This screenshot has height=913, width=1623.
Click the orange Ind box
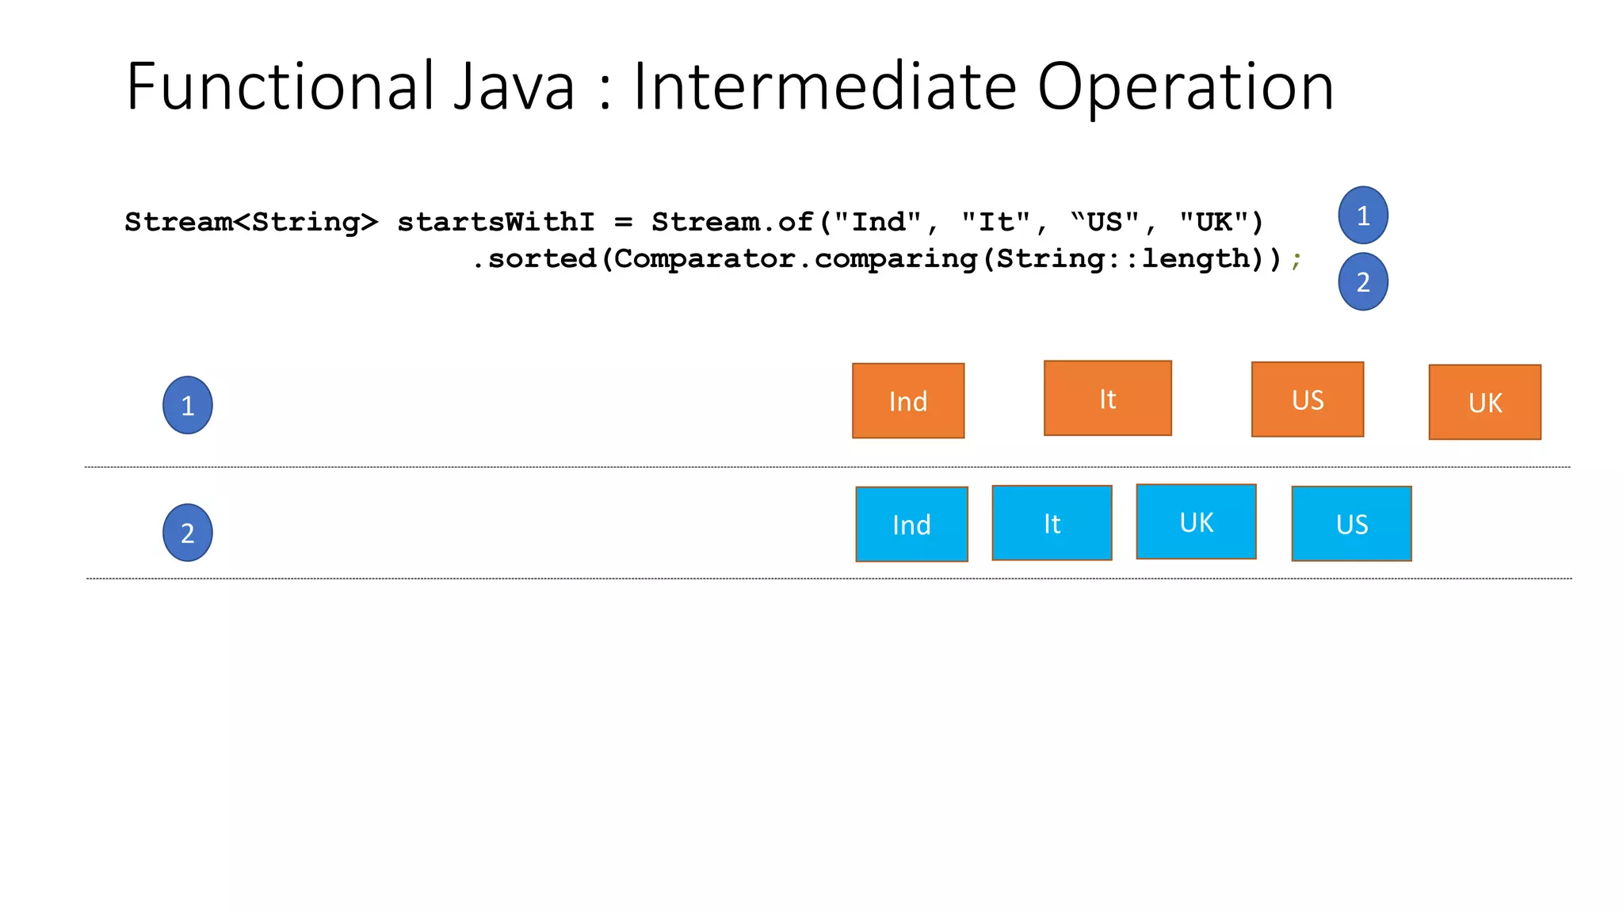908,400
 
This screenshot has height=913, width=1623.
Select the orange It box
1107,398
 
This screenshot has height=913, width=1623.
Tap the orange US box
1308,399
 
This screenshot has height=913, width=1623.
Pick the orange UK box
1484,402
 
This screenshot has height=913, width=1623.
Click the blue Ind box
911,524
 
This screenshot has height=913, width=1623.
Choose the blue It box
1052,522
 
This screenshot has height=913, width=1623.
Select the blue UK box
1196,521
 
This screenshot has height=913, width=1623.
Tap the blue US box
1351,523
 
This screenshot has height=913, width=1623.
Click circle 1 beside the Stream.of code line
1363,215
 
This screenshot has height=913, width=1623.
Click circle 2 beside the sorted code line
1363,281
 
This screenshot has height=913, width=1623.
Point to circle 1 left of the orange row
188,405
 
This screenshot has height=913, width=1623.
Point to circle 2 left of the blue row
188,533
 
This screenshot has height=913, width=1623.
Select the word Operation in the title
1185,86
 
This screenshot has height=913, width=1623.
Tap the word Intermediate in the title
824,86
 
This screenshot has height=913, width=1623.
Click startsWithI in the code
495,222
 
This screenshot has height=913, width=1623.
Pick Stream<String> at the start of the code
251,222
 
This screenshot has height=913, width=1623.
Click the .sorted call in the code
534,258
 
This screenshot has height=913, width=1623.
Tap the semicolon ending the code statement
1296,260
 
